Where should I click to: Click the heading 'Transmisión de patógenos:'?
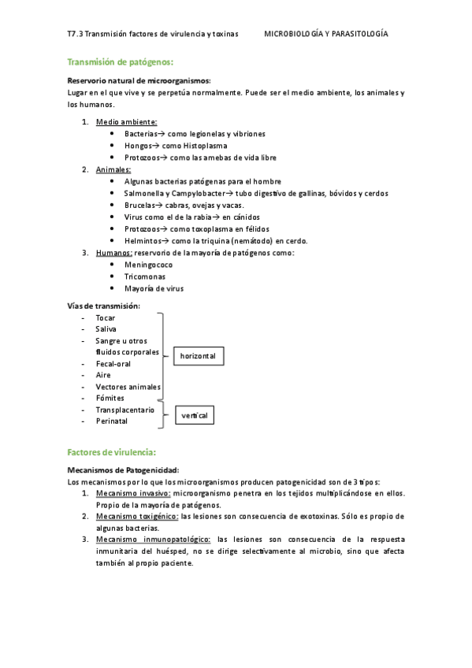click(x=120, y=61)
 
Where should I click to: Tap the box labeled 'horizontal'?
click(x=197, y=357)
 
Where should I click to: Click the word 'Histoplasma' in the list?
click(x=183, y=146)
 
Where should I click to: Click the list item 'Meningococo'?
click(x=148, y=265)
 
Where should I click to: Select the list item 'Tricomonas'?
click(x=144, y=276)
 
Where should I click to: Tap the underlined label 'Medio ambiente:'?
click(x=126, y=122)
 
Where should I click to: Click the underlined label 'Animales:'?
click(x=113, y=169)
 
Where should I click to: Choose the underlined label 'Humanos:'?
click(x=113, y=253)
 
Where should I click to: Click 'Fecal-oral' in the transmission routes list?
click(x=113, y=364)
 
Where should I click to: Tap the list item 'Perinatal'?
click(x=112, y=421)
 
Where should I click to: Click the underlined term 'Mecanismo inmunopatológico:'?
click(x=153, y=540)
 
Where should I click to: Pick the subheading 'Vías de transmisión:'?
click(x=104, y=306)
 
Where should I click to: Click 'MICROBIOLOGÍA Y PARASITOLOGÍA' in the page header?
click(x=325, y=35)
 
